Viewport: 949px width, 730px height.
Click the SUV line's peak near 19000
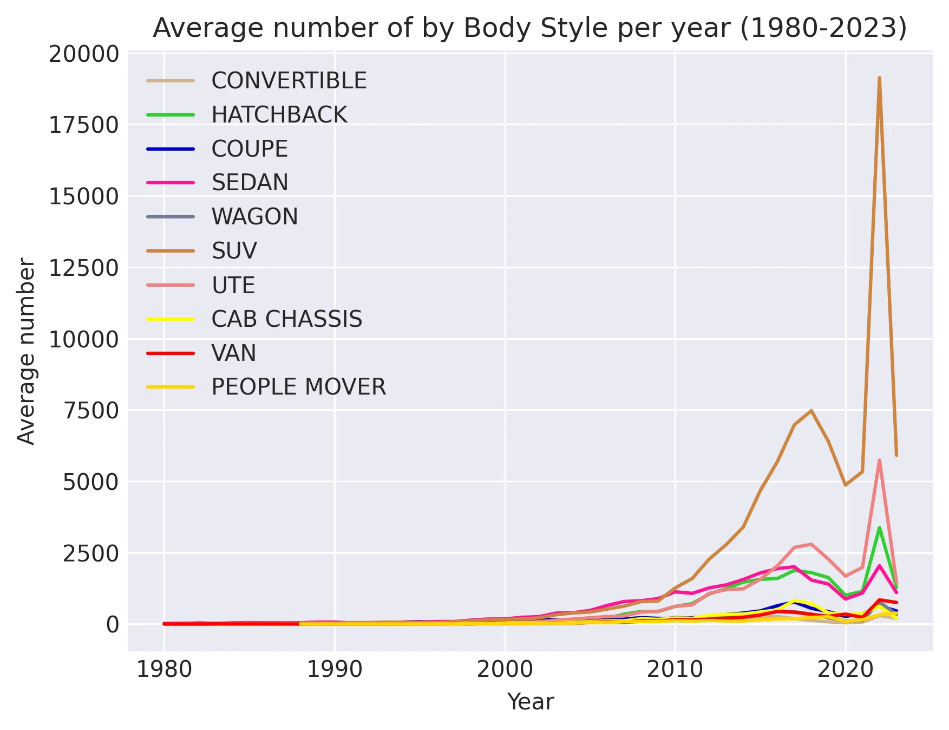pos(879,78)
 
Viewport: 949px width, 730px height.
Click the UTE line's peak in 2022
pos(879,460)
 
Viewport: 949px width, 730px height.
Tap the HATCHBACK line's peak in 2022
pos(879,527)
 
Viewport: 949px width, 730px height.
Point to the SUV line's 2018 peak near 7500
pos(811,410)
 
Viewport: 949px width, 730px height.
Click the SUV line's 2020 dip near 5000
pos(845,485)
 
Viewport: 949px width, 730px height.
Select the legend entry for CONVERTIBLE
pos(289,81)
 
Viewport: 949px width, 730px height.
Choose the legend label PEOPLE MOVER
pos(298,387)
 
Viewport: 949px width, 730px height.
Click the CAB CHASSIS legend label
pos(286,319)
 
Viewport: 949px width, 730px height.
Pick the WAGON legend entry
pos(254,217)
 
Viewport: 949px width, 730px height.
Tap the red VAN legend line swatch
pos(171,353)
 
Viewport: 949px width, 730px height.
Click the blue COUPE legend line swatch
pos(171,149)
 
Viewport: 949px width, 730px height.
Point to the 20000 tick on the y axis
pos(84,54)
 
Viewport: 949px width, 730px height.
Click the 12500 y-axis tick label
pos(84,268)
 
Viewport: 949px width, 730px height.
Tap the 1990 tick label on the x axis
pos(335,670)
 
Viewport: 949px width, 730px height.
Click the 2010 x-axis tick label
pos(675,670)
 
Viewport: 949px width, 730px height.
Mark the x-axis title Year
pos(531,702)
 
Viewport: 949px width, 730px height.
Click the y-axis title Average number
pos(26,351)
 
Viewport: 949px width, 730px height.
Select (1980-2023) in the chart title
pos(823,28)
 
